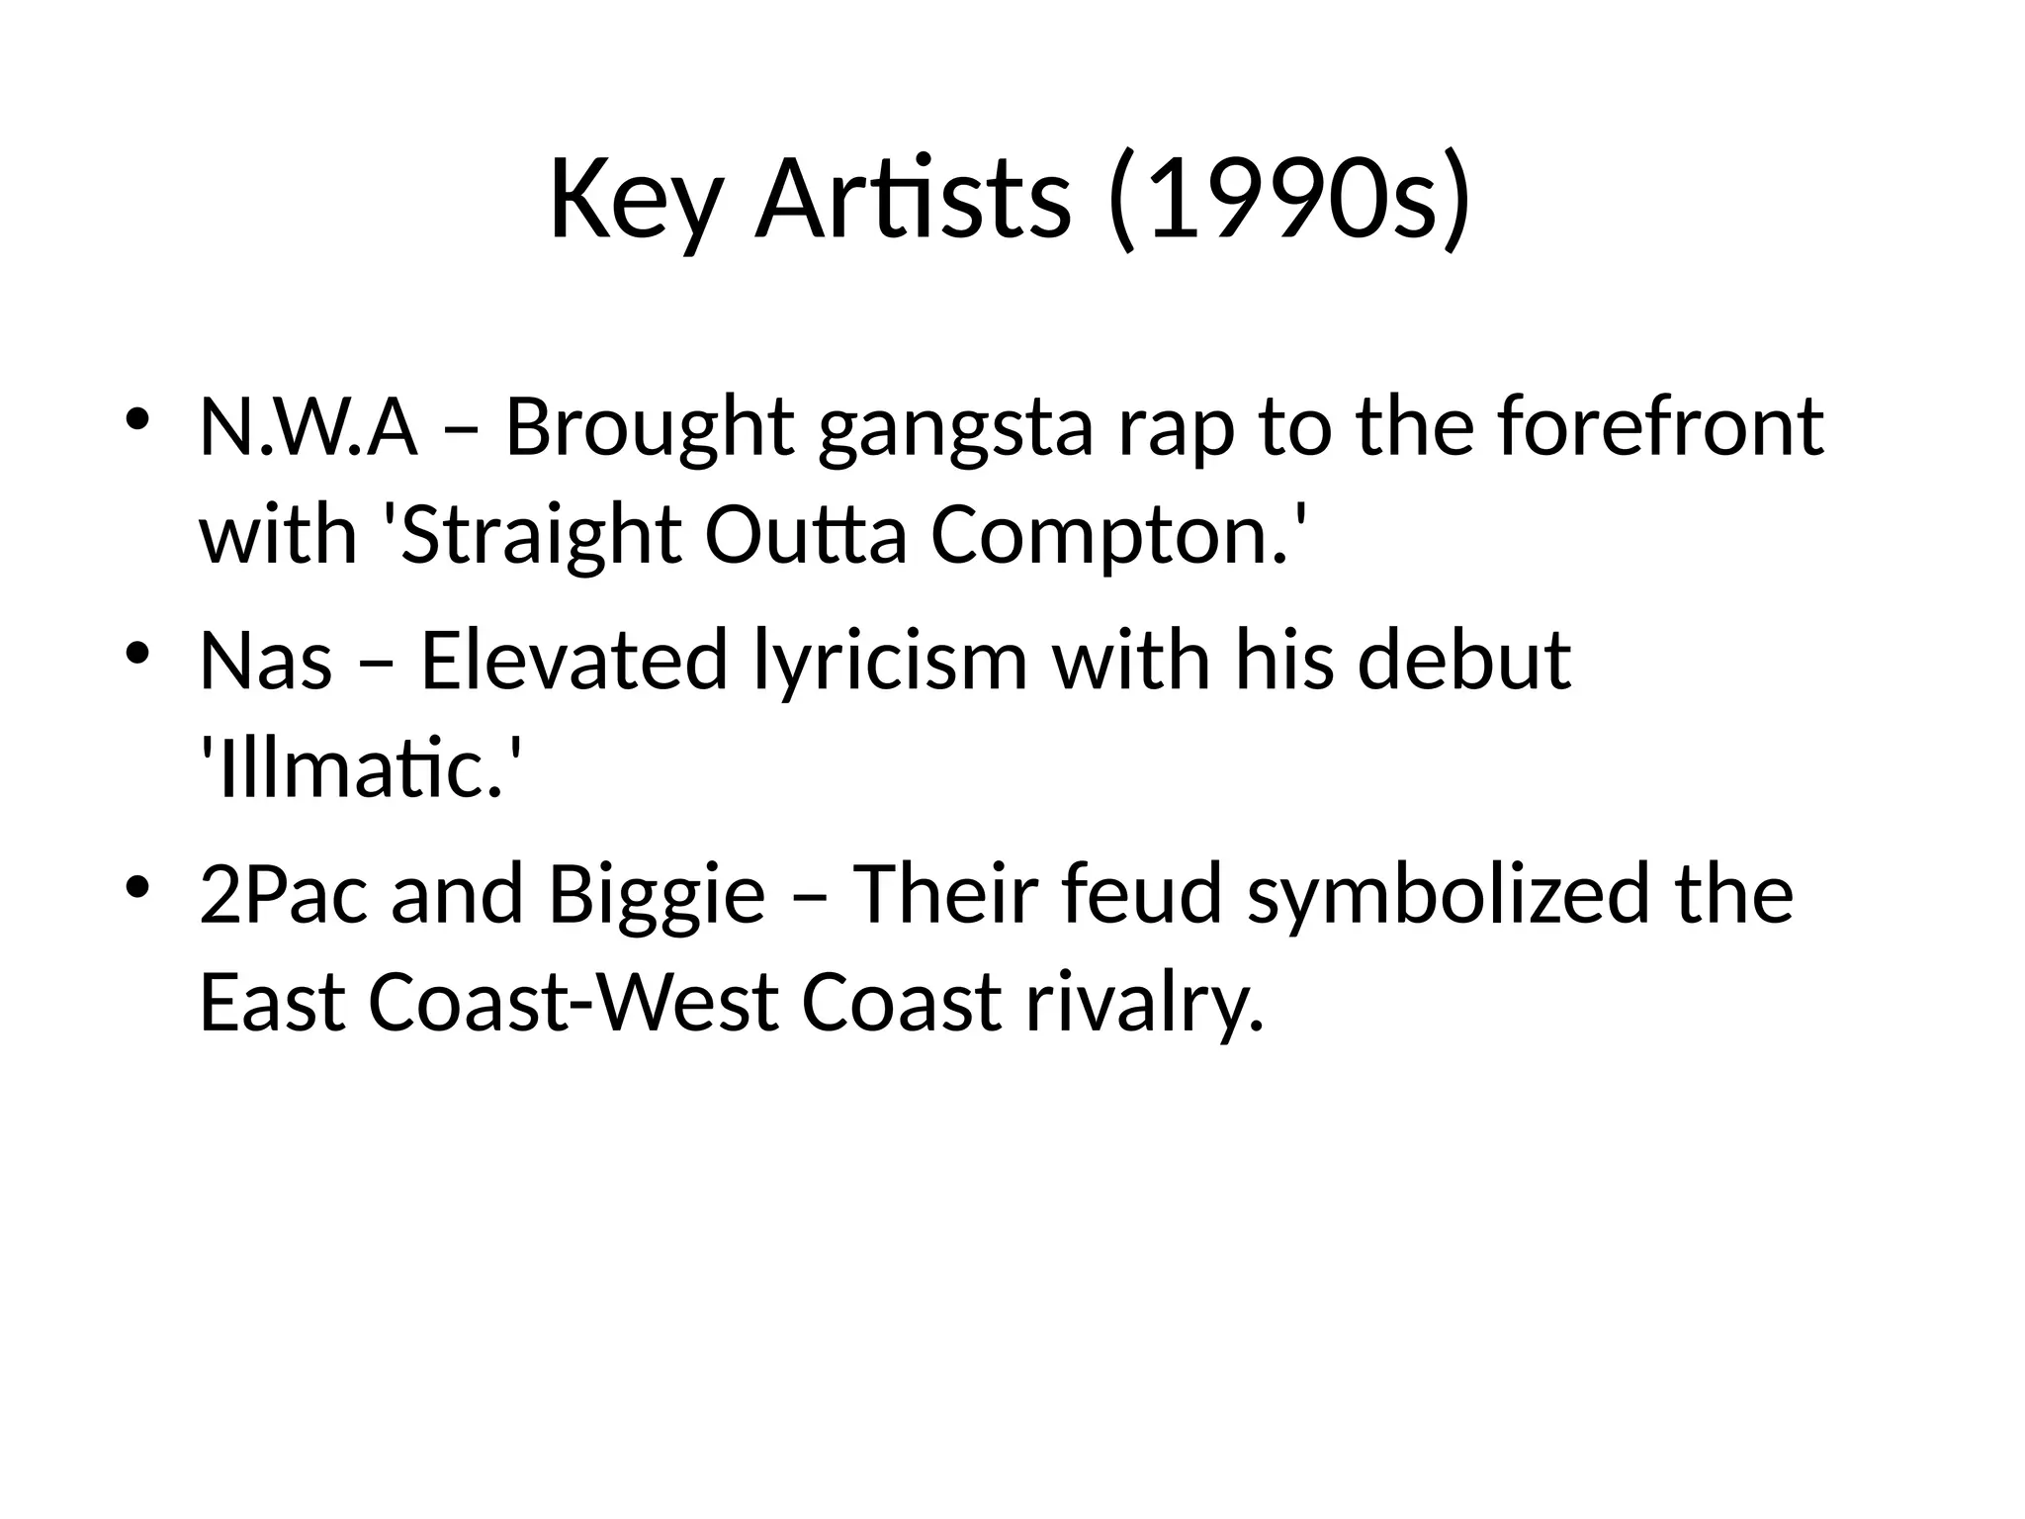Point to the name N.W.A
[308, 427]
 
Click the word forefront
[1660, 427]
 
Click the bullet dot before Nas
[137, 652]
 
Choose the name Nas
[265, 661]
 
